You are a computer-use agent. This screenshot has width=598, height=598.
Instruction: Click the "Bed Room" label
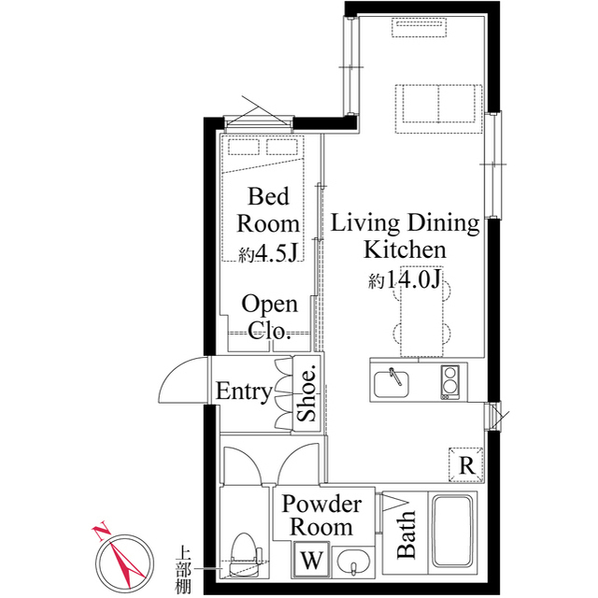click(268, 210)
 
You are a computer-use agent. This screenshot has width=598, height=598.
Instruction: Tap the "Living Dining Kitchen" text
click(405, 236)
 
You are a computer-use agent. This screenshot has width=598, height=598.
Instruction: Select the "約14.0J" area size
click(404, 279)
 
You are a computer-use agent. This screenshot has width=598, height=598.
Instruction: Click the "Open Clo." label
click(269, 318)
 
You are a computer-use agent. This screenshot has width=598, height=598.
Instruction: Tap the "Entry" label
click(244, 392)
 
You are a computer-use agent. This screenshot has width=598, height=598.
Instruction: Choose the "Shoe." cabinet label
click(306, 392)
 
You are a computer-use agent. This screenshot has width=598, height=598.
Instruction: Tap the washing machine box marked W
click(310, 562)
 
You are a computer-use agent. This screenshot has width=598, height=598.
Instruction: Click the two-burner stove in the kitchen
click(451, 381)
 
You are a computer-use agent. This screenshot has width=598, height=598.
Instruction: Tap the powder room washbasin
click(352, 563)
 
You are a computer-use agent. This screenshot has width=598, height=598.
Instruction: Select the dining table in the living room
click(418, 319)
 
